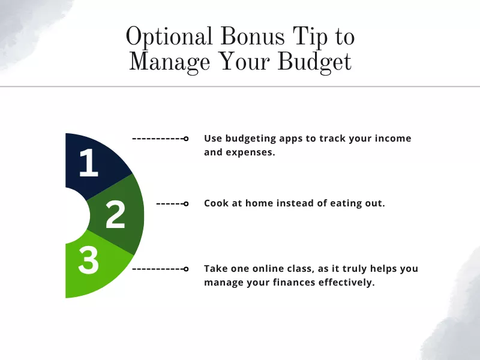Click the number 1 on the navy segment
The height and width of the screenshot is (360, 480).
pos(88,163)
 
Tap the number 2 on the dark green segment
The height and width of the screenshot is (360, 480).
pos(115,215)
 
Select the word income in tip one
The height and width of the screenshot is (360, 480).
pos(391,138)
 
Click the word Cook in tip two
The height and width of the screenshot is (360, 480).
pos(216,203)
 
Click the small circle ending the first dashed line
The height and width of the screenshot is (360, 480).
pos(186,139)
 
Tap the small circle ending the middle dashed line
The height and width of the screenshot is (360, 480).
pos(186,204)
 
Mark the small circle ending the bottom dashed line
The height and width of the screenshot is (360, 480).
pos(186,269)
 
